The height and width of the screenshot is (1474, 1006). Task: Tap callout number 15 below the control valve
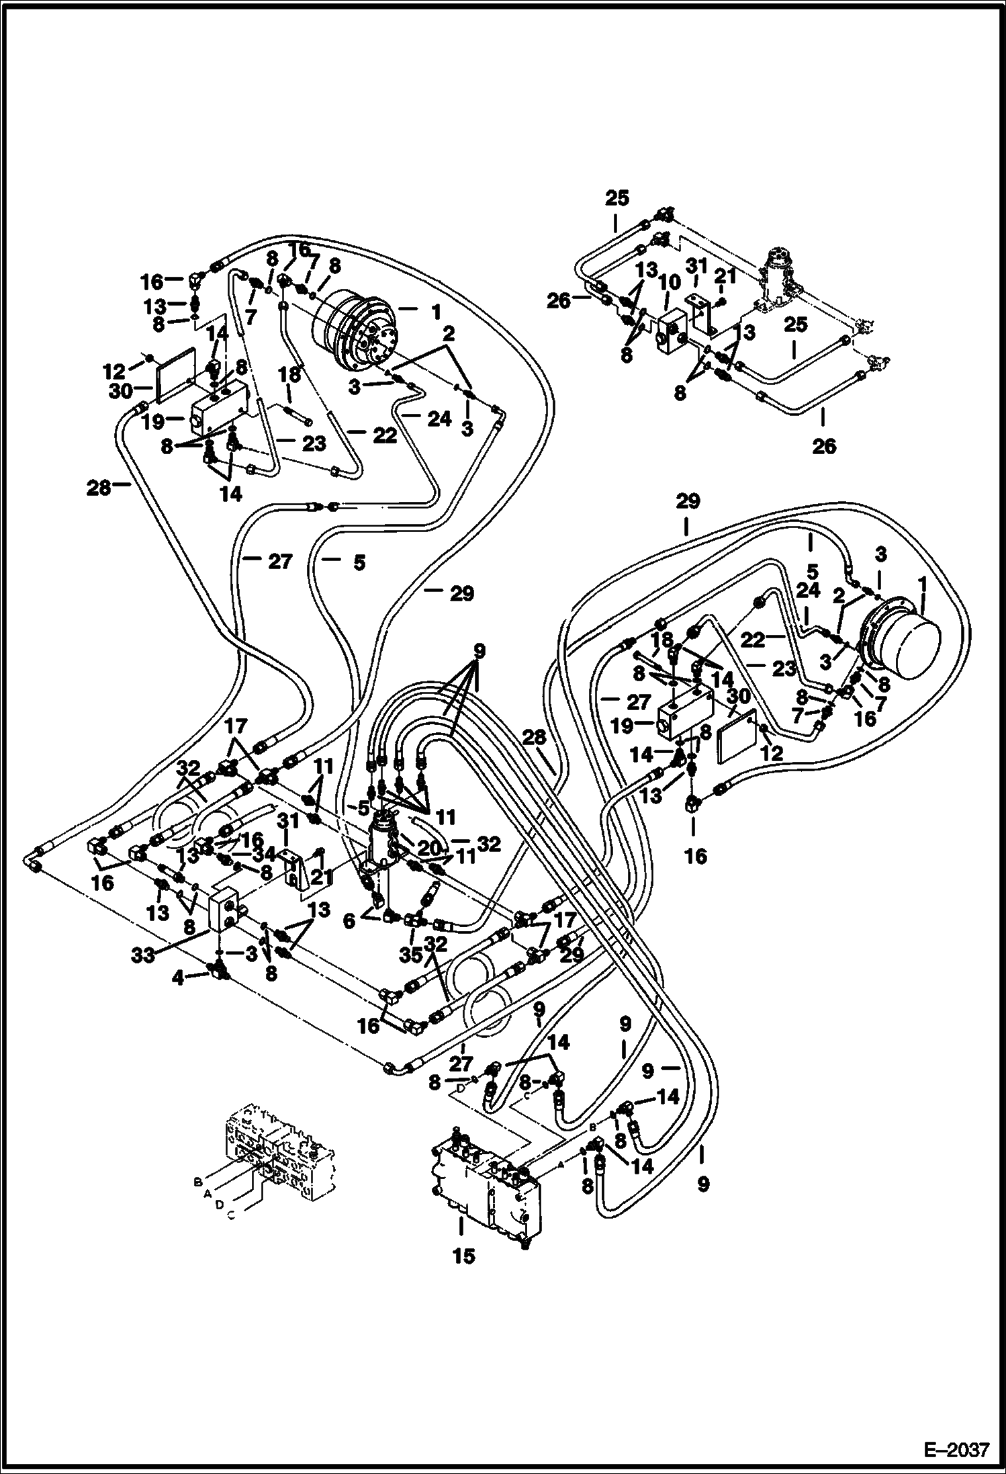point(463,1257)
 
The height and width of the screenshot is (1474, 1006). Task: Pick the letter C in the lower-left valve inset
point(231,1217)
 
